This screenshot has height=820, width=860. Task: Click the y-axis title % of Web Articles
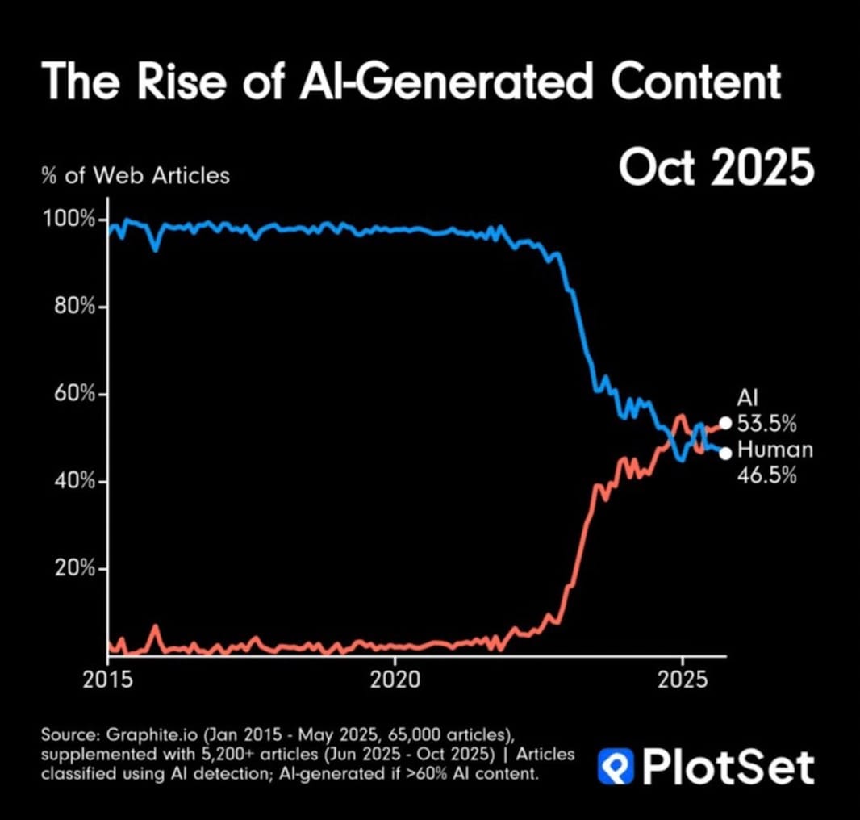(x=136, y=174)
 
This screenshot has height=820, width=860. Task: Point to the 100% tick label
(x=69, y=220)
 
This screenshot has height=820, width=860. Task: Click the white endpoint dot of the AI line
(x=725, y=423)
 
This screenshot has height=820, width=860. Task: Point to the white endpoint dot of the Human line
(x=725, y=453)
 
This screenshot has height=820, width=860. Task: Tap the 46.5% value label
(x=767, y=475)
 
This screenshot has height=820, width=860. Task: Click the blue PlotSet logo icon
(x=614, y=766)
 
